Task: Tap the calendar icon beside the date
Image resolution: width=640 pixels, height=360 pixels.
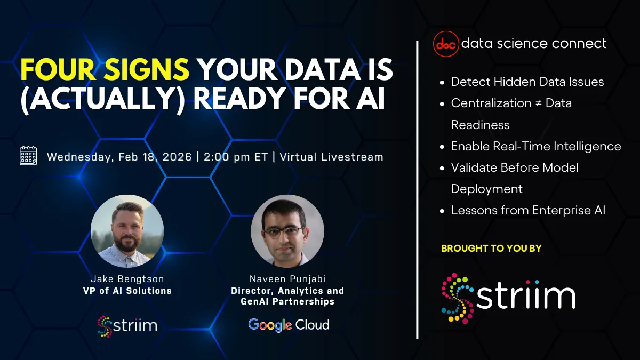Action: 28,155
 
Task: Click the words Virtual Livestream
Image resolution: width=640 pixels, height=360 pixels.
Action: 331,157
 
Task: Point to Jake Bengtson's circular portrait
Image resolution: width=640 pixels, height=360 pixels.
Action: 127,231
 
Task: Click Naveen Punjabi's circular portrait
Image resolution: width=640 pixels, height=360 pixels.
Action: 287,231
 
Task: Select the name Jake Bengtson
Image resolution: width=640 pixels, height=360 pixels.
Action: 127,279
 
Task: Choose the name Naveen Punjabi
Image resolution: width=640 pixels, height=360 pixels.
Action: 287,279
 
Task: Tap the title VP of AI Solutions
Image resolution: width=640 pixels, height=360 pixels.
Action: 127,291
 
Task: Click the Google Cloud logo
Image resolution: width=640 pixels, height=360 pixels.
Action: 289,325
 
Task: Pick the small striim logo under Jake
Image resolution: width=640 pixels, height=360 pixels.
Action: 127,325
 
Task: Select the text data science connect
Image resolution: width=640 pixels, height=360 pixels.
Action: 533,44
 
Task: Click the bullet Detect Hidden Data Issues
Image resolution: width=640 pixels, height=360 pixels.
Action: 527,82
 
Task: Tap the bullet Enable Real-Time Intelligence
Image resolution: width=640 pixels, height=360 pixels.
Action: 535,146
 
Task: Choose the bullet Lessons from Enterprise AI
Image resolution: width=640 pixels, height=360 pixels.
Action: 528,210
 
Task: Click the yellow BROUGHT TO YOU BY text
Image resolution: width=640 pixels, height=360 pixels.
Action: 491,248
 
